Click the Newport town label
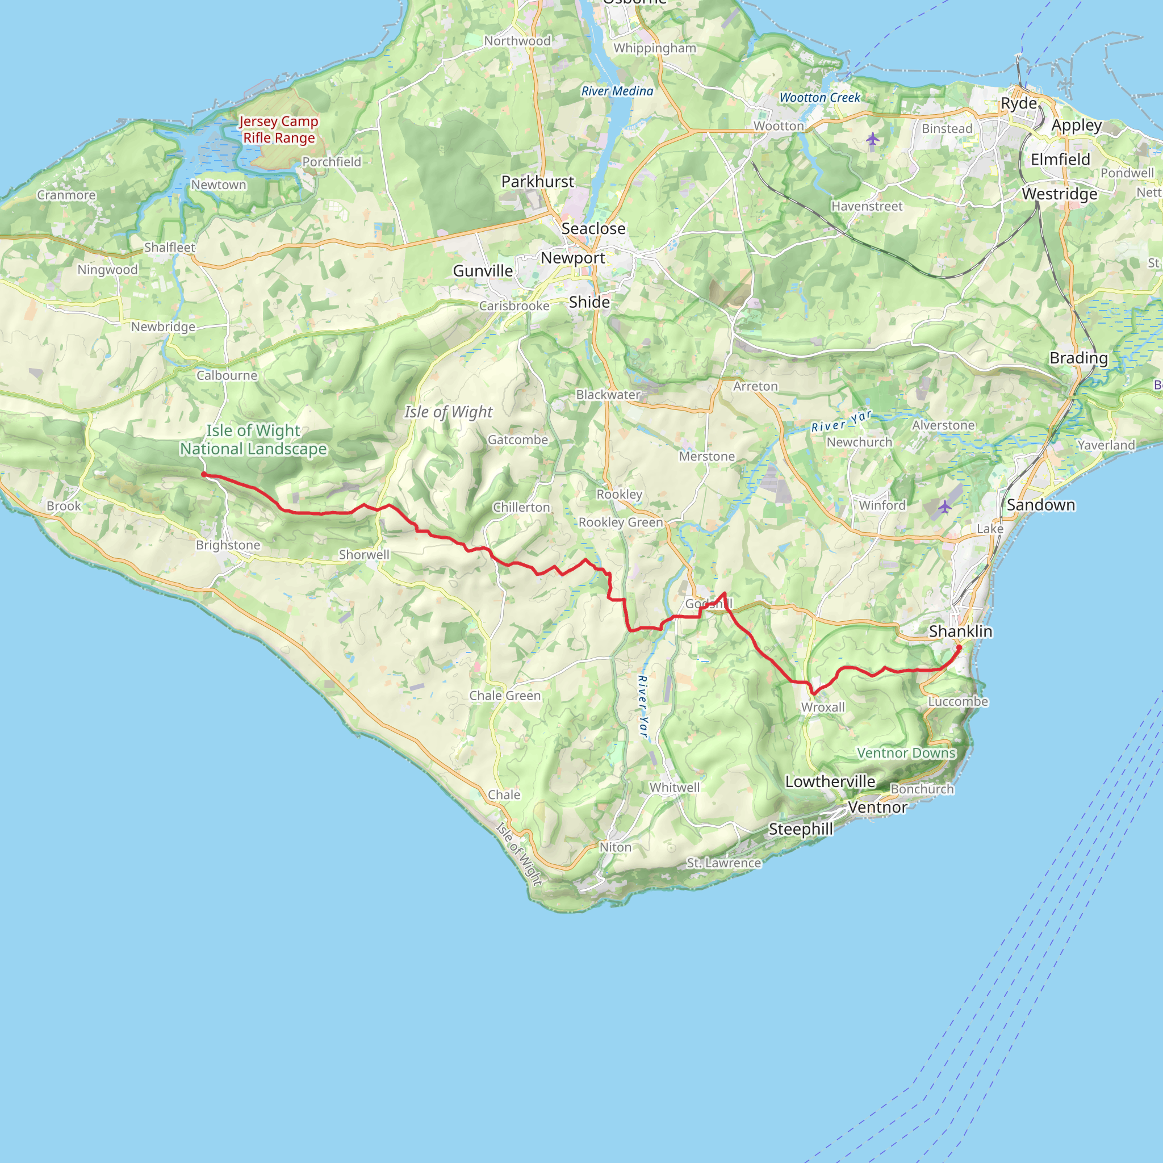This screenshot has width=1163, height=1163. point(572,258)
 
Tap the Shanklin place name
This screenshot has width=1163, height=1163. point(960,631)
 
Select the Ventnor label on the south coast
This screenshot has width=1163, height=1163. point(877,808)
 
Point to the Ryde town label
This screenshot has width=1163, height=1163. point(1019,103)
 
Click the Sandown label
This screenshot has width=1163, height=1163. point(1041,505)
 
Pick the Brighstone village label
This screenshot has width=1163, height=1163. point(228,545)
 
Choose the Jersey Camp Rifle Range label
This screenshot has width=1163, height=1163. point(279,129)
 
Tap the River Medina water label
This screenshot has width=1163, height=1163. point(617,91)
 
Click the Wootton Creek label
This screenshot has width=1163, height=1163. point(820,98)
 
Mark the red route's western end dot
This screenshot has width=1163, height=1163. point(204,474)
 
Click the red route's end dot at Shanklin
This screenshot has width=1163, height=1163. point(959,648)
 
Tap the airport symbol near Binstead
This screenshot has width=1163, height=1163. point(873,140)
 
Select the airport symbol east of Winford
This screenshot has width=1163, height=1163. point(944,507)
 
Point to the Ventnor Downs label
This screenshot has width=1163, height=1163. point(906,753)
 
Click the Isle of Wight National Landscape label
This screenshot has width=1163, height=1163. point(253,440)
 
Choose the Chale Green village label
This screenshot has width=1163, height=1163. point(505,696)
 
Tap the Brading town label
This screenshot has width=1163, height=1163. point(1078,358)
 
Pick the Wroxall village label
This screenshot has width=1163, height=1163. point(823,708)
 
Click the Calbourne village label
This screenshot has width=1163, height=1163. point(227,375)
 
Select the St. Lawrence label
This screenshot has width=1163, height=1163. point(723,863)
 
